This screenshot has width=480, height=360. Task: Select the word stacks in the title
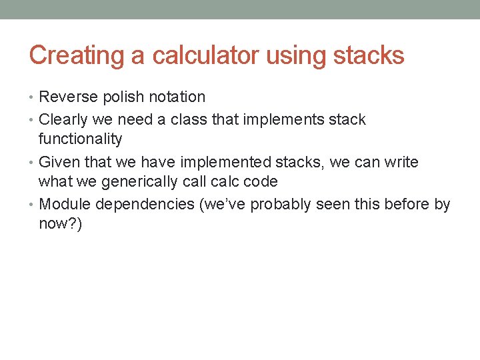point(368,55)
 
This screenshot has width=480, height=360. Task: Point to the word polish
point(122,97)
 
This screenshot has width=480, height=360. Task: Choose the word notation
point(177,97)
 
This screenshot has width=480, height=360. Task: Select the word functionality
point(81,139)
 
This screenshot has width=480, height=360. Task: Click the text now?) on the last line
point(61,224)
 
